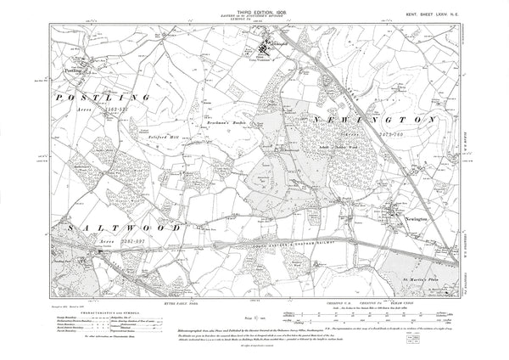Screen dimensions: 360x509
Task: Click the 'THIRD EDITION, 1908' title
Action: click(x=254, y=6)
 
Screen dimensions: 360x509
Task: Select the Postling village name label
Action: click(x=72, y=59)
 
